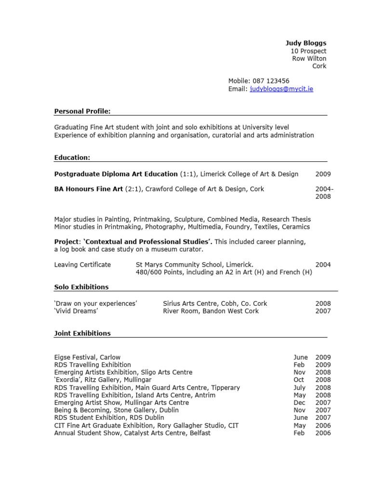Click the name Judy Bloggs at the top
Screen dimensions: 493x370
tap(306, 43)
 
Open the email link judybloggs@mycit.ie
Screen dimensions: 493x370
tap(281, 89)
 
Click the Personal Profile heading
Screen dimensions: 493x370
tap(82, 112)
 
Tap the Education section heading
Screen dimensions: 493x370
tap(72, 157)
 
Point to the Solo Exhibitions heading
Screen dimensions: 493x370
tap(81, 287)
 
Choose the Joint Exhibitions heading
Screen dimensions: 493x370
tap(82, 333)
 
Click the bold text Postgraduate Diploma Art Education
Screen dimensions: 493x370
tap(116, 174)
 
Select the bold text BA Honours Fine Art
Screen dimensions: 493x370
tap(89, 189)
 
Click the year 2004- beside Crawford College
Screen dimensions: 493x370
tap(324, 189)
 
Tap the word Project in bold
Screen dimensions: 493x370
tap(66, 242)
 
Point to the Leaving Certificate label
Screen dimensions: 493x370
tap(82, 264)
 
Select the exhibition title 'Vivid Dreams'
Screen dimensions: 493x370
tap(76, 311)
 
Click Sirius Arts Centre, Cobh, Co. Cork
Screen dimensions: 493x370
tap(215, 303)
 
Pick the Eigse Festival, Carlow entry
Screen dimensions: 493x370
tap(88, 357)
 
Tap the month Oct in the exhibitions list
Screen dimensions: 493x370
tap(299, 380)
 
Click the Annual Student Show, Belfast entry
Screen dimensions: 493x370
tap(132, 433)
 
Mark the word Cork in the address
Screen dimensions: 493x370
tap(319, 66)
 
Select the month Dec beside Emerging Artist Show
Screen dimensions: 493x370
tap(299, 402)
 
